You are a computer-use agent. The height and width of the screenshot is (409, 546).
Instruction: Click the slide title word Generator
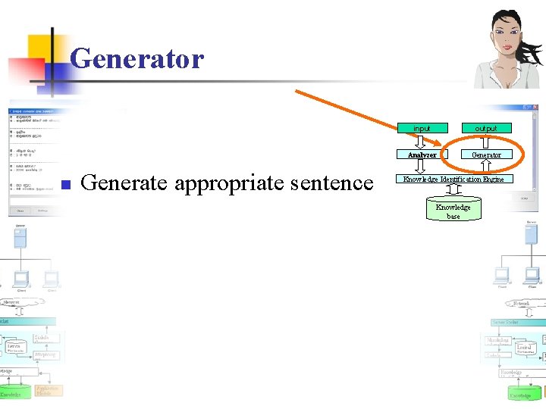(136, 58)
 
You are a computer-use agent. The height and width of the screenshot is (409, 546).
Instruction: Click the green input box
(422, 128)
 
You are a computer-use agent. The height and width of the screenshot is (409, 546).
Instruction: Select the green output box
(486, 128)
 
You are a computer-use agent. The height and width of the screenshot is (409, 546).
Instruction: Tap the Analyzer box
(422, 155)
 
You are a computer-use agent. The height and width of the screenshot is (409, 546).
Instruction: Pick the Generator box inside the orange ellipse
(486, 155)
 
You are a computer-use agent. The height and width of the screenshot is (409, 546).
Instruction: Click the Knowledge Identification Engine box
(453, 180)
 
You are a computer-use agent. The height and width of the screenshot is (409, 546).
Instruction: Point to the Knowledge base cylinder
(453, 210)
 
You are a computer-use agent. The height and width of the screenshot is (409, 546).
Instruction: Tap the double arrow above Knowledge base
(453, 191)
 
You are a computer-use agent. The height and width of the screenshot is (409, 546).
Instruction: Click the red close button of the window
(534, 108)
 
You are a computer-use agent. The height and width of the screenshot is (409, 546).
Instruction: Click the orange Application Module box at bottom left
(49, 390)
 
